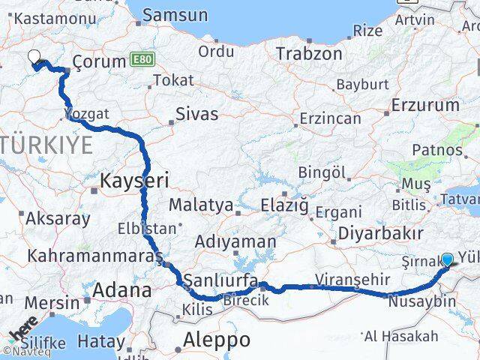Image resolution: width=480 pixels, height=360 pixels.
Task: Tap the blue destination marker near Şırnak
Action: (x=448, y=259)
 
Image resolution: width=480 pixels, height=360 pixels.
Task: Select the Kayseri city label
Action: (x=135, y=179)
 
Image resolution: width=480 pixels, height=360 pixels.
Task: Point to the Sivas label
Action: (x=196, y=114)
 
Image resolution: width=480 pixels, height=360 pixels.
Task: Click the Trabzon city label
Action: (x=309, y=53)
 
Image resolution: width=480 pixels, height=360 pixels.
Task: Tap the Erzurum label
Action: (x=425, y=105)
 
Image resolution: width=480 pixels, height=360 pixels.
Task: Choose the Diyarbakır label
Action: (x=377, y=232)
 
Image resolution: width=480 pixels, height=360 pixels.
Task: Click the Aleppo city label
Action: (x=217, y=339)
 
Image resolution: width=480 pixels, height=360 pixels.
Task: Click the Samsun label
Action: (x=175, y=14)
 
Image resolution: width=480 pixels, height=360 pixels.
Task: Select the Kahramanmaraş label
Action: (x=94, y=256)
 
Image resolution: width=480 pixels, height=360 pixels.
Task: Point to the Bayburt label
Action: (x=361, y=85)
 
